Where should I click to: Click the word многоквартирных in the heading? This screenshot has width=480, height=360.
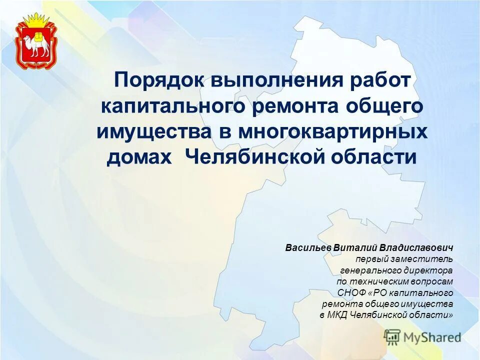pyautogui.click(x=332, y=132)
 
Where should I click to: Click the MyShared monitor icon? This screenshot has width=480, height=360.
pyautogui.click(x=392, y=337)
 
